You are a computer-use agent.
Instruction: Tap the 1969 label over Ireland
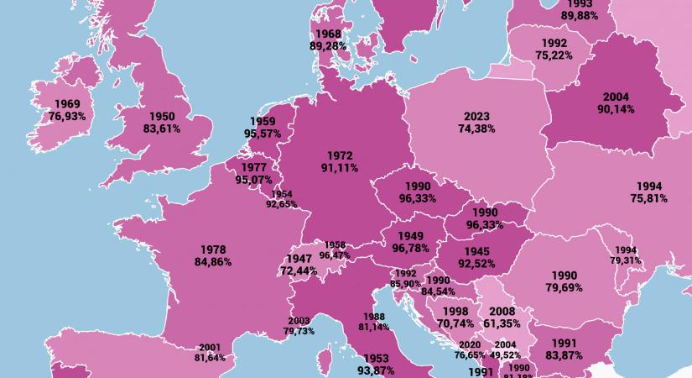[x=67, y=103]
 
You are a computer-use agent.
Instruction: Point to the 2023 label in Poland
[x=477, y=116]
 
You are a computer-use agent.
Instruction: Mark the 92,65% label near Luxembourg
[x=281, y=203]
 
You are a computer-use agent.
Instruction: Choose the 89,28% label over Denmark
[x=328, y=46]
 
